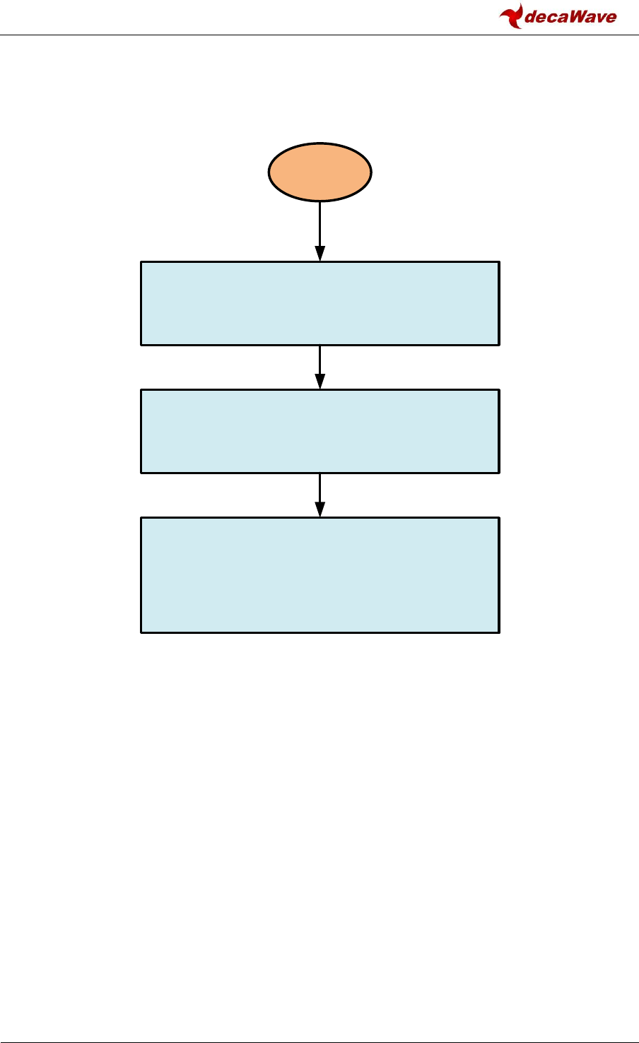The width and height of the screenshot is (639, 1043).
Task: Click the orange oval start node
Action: coord(319,172)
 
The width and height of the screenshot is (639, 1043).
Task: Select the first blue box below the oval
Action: coord(320,303)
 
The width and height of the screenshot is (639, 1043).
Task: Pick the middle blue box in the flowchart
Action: coord(320,430)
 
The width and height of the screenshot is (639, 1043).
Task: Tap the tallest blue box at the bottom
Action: coord(320,574)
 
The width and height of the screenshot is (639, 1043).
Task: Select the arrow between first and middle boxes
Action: coord(320,364)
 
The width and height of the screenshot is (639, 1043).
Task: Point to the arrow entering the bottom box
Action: coord(320,492)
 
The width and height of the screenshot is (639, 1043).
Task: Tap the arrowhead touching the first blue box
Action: coord(320,254)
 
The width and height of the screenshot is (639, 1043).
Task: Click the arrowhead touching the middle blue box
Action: coord(320,382)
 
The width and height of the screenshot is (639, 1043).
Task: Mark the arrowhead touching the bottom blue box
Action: coord(320,510)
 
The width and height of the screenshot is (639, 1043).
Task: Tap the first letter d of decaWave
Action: coord(532,17)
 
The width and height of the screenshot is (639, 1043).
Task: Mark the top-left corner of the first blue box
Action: coord(141,262)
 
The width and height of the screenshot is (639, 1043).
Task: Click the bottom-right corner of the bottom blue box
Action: coord(499,632)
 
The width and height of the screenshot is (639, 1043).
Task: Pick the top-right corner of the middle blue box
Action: coord(499,389)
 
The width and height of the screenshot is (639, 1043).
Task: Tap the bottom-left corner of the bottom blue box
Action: coord(141,632)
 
